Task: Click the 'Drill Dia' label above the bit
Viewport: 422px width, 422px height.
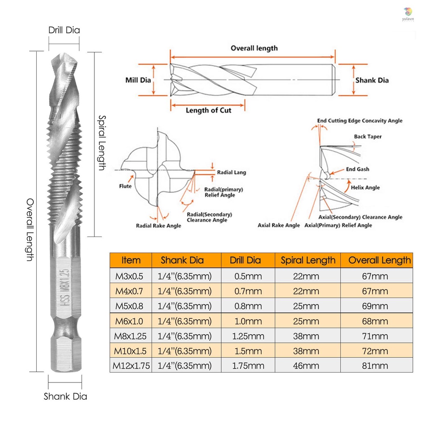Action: (x=64, y=30)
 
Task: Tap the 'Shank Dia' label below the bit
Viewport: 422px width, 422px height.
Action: (x=66, y=396)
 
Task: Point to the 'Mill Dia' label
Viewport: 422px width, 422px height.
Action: (x=138, y=80)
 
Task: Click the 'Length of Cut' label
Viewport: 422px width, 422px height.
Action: (x=208, y=110)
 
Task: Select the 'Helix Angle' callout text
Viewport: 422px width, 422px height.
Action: (x=365, y=188)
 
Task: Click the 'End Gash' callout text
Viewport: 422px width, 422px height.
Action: (x=357, y=169)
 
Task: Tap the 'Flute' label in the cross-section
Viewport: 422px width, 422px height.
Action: (x=125, y=186)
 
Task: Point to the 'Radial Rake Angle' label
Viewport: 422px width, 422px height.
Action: (x=159, y=226)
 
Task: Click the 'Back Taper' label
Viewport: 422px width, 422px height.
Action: (x=368, y=136)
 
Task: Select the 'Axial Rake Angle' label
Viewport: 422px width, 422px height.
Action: (x=279, y=225)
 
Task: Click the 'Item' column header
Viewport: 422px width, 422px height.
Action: (x=131, y=260)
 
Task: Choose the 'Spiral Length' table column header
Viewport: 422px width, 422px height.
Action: (x=308, y=260)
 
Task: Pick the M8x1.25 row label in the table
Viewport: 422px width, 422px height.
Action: (x=130, y=336)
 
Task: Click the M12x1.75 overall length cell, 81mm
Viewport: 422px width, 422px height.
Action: (x=375, y=366)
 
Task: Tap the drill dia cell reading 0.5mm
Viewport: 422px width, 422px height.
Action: (x=248, y=276)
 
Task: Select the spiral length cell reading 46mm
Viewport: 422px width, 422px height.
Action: (x=306, y=366)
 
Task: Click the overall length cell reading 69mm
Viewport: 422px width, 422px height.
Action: (x=375, y=306)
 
